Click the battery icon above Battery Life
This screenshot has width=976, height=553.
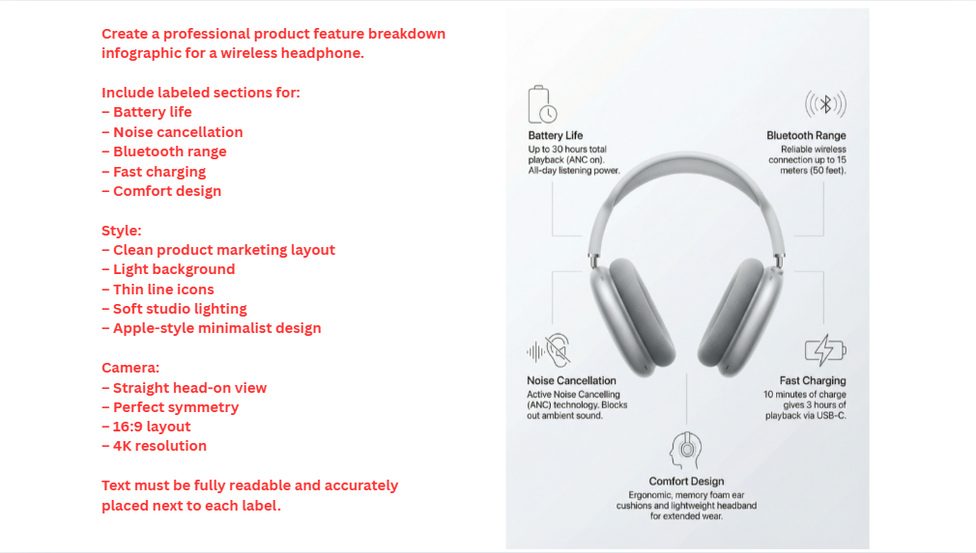point(542,104)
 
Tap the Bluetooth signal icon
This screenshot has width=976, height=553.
point(825,104)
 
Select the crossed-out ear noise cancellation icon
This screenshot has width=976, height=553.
point(548,350)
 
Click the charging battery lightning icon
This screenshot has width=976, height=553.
point(825,349)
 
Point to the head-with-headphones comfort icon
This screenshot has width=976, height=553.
point(686,451)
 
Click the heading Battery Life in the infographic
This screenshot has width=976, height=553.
point(556,136)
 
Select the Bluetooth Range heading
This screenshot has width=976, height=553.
point(806,136)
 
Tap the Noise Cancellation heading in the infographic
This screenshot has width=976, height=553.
point(571,381)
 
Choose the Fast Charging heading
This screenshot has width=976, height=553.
point(813,381)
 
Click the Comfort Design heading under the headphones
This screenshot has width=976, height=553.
point(686,482)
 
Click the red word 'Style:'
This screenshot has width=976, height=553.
point(122,231)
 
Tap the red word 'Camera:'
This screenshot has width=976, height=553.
point(129,368)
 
